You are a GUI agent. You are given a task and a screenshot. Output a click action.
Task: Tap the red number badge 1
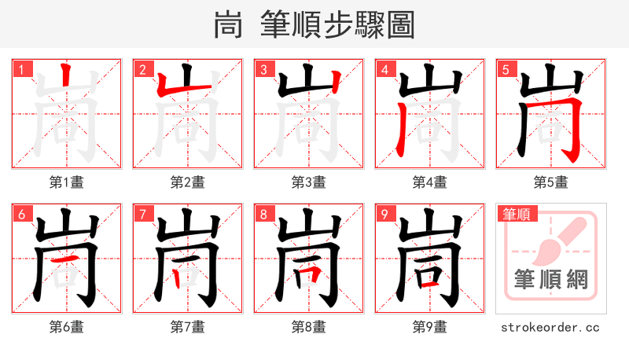click(x=21, y=69)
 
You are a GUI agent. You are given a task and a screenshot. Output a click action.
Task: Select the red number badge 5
click(x=506, y=69)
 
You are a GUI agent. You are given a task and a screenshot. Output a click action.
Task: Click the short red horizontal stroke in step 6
click(x=67, y=259)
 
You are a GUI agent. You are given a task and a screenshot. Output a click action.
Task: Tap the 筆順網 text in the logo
click(x=550, y=280)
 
